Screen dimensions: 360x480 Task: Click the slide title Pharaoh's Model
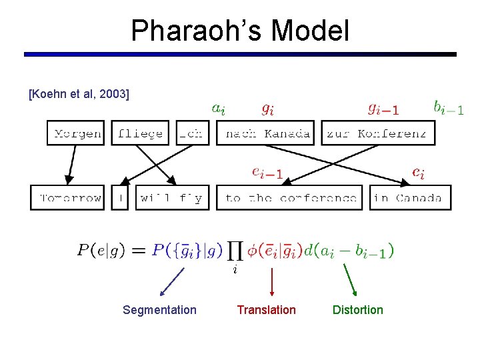click(240, 31)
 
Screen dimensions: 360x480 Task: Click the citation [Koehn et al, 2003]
click(79, 94)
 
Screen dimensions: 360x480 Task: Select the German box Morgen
click(77, 133)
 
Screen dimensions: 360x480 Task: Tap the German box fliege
click(140, 133)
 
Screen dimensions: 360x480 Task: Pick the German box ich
click(191, 133)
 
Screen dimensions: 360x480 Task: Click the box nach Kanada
click(268, 133)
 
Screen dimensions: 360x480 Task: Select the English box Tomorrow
click(68, 198)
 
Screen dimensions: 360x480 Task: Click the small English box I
click(120, 198)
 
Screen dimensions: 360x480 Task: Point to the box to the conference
click(291, 198)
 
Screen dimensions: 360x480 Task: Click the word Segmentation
click(160, 310)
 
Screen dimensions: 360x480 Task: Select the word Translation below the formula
click(267, 310)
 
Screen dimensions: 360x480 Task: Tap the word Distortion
click(358, 310)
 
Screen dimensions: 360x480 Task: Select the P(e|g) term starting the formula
click(103, 251)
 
